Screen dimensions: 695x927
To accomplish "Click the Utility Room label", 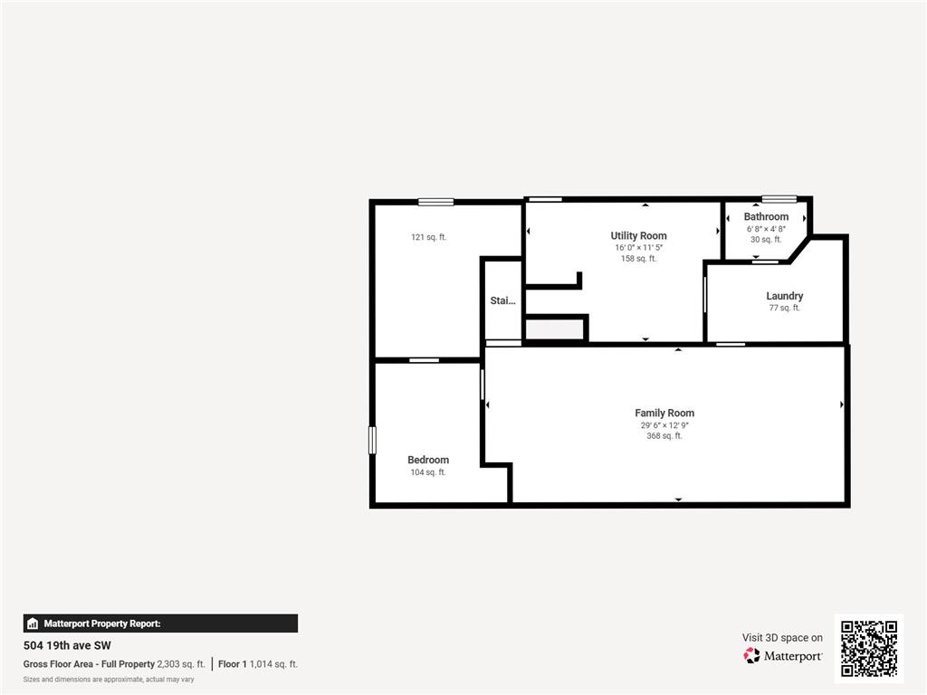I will (638, 236).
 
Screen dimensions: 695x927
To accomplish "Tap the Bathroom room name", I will (766, 217).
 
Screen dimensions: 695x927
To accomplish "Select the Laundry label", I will (784, 296).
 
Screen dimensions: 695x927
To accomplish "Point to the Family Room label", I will (664, 414).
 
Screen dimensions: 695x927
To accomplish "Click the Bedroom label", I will (428, 460).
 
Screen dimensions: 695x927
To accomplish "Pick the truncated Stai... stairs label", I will (502, 300).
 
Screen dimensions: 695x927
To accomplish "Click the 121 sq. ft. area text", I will (428, 237).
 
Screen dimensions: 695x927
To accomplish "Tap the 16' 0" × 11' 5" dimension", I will (638, 248).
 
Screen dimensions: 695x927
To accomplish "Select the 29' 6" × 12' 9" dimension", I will (664, 424).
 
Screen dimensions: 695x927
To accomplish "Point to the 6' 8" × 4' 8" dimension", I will (766, 229).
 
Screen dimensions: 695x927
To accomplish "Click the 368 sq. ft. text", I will (664, 436).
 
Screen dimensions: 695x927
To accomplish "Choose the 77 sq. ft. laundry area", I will (784, 308).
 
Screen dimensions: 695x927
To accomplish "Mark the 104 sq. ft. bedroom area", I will (428, 472).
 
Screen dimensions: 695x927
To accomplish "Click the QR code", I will (868, 648).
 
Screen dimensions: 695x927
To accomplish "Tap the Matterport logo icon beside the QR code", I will (751, 655).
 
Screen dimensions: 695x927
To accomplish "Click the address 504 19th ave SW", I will (67, 646).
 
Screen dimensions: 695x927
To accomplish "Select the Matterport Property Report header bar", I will (160, 624).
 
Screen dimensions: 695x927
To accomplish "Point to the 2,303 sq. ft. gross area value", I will (181, 664).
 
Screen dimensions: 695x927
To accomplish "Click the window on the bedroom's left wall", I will (371, 440).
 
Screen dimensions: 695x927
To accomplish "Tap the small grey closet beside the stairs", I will (555, 330).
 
